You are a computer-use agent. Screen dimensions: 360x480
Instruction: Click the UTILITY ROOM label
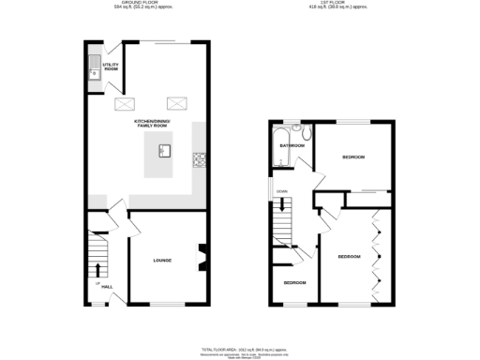point(111,67)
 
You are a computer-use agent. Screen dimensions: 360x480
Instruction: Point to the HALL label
point(107,286)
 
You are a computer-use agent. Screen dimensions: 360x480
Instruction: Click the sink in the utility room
point(94,66)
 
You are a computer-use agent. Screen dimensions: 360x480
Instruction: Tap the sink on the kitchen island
point(164,149)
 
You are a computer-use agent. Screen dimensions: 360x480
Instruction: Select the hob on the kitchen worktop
point(198,159)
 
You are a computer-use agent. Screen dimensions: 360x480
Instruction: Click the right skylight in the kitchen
point(175,104)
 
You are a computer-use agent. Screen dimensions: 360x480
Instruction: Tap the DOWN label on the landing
point(280,192)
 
